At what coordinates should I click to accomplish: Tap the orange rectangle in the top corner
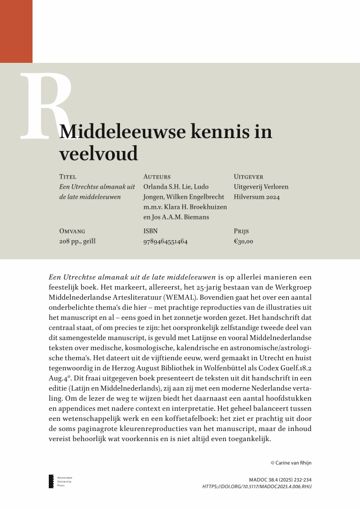click(16, 31)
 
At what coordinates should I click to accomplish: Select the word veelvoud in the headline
click(98, 153)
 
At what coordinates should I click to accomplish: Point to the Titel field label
click(68, 176)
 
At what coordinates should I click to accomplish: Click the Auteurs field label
click(157, 176)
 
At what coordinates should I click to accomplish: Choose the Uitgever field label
click(248, 176)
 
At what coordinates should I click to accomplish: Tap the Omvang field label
click(72, 231)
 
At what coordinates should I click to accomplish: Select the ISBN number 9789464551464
click(165, 241)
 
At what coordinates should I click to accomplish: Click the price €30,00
click(244, 241)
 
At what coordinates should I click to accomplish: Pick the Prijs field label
click(241, 231)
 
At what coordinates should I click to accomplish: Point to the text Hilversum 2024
click(257, 197)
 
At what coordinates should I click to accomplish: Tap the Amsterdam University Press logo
click(52, 481)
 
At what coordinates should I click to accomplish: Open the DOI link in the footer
click(257, 487)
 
